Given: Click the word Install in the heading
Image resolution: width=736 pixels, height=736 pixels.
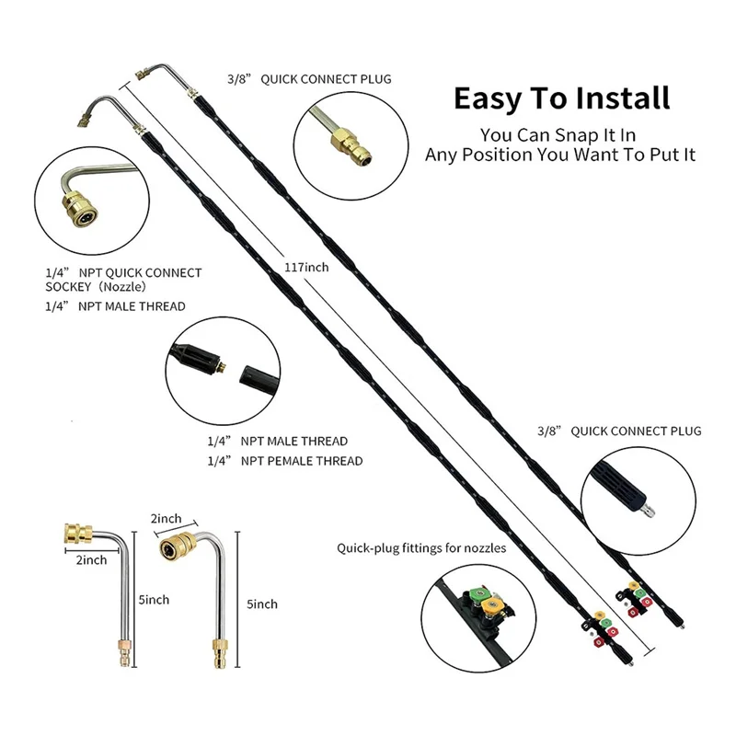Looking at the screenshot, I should coord(618,98).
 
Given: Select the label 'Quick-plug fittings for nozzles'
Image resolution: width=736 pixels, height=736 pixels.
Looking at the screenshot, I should coord(420,548).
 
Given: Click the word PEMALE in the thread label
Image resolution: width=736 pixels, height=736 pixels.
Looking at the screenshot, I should coord(291,461).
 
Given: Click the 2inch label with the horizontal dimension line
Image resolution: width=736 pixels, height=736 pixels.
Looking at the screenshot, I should coord(91,559).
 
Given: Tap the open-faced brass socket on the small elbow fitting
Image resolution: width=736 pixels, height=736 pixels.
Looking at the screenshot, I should coord(172,549).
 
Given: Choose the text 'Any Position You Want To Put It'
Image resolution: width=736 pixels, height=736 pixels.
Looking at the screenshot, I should coord(560,155).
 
